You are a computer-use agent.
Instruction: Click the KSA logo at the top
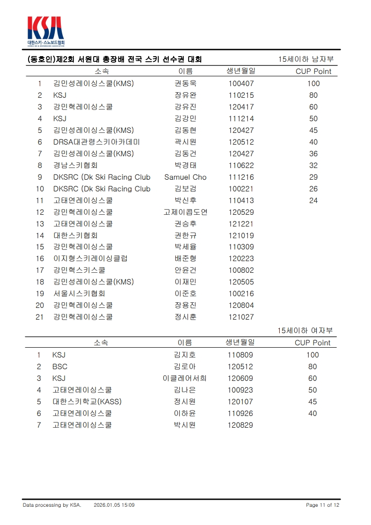coord(45,31)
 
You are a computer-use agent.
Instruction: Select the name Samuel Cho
coord(185,177)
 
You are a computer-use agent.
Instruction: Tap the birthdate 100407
coord(241,84)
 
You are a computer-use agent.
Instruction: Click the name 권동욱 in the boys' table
coord(185,84)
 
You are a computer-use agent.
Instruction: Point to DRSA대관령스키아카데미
coord(96,142)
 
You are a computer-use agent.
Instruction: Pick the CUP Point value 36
coord(313,154)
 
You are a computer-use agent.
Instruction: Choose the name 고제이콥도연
coord(185,212)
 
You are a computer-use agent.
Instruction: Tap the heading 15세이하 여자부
coord(305,331)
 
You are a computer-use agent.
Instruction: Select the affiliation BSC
coord(60,367)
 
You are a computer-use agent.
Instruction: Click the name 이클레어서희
coord(184,379)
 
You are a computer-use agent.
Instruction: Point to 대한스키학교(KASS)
coord(87,402)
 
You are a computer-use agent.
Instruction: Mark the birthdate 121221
coord(241,224)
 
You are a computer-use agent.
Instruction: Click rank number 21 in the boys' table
coord(40,317)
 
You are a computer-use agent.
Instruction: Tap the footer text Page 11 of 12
coord(322,505)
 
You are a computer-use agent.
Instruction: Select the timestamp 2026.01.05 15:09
coord(114,505)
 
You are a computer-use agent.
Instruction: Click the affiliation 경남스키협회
coord(75,166)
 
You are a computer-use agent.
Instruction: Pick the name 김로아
coord(184,367)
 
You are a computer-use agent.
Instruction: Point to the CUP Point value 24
coord(313,201)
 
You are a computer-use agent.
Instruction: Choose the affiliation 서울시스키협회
coord(79,294)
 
